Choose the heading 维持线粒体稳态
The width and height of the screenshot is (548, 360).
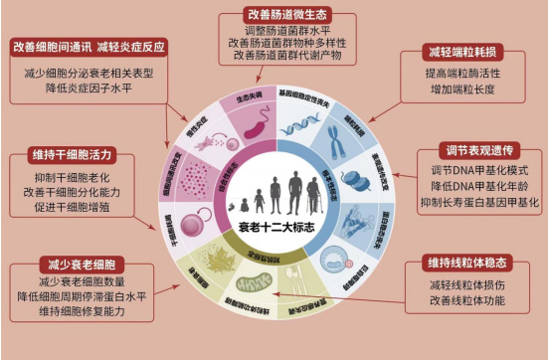[464, 262]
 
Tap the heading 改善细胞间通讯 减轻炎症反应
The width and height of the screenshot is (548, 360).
[89, 48]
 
